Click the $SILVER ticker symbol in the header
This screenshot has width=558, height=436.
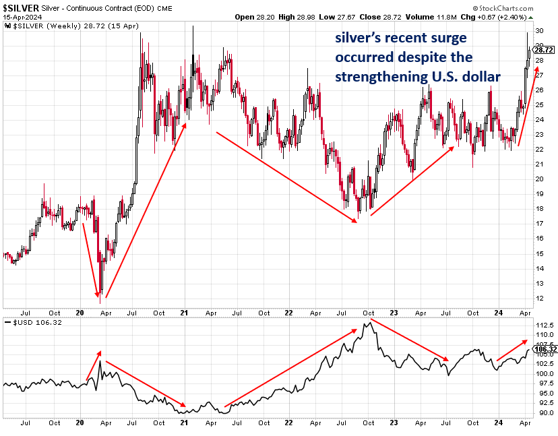pos(21,7)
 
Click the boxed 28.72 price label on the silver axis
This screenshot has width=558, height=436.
pos(543,50)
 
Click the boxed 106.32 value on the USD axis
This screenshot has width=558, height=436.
pos(545,349)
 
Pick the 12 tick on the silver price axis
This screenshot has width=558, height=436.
pos(539,298)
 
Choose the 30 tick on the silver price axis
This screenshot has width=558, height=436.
pos(539,31)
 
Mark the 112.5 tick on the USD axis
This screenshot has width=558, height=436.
pos(545,325)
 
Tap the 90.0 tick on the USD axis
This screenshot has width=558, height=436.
pos(545,412)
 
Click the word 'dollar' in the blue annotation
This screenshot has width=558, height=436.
pos(480,77)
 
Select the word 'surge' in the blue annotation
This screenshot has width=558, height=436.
pos(439,38)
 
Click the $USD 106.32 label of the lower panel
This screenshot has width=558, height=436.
pos(29,323)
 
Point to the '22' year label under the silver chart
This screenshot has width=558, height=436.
pos(288,313)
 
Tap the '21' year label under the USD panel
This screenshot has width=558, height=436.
pos(185,423)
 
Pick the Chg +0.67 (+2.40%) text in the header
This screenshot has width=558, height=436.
pos(520,17)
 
